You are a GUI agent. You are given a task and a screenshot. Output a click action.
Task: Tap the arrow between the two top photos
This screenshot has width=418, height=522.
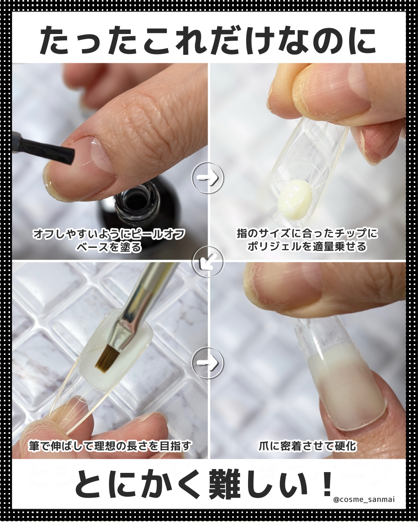point(208,178)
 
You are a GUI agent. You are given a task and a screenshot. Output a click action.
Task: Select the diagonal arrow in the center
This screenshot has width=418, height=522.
point(208,262)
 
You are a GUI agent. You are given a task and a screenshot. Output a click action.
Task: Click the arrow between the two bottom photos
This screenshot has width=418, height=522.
point(208,363)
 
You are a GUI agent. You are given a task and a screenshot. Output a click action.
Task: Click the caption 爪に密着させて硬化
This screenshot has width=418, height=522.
point(307,446)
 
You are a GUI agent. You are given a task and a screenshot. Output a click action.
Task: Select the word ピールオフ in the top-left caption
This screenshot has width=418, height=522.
point(158,234)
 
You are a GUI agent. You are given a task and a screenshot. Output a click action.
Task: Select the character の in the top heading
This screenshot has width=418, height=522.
point(322,41)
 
